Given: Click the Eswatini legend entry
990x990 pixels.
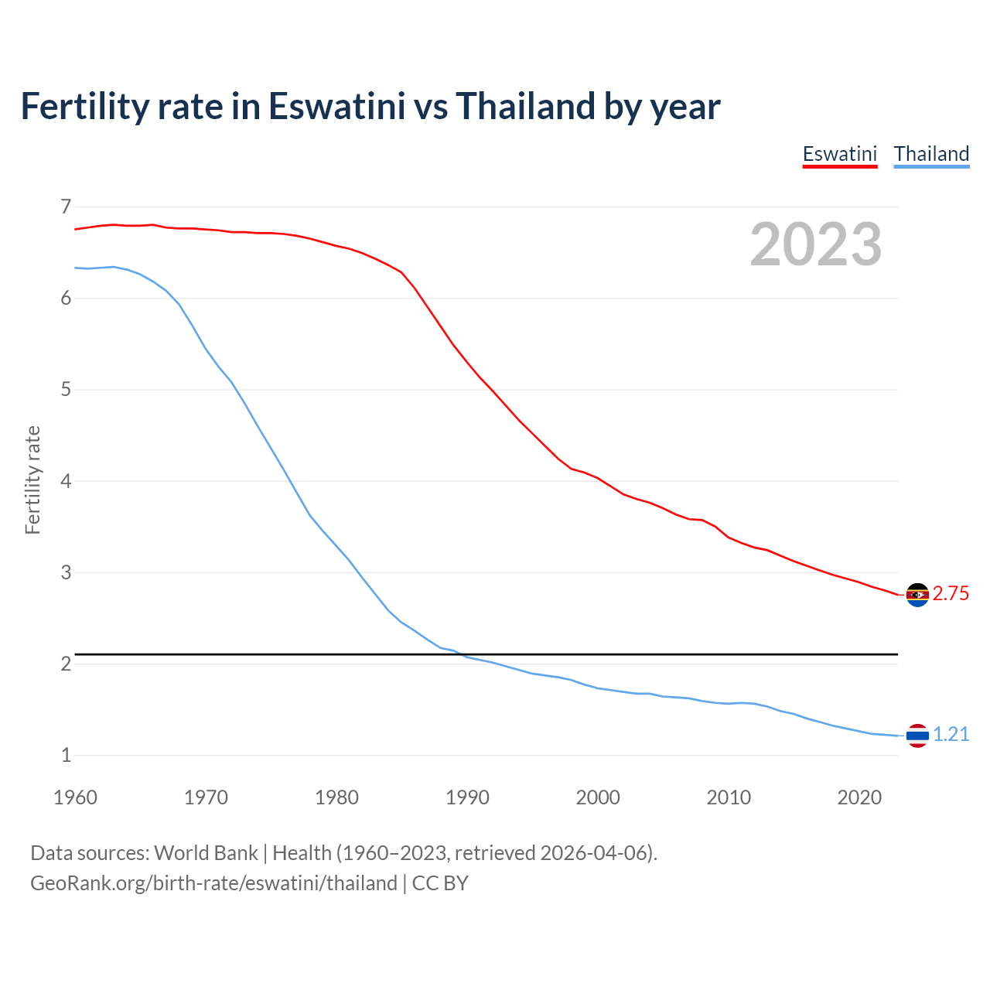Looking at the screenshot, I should tap(839, 154).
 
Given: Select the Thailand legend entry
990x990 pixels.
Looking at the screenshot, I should tap(931, 154).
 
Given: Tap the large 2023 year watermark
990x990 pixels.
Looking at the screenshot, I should tap(815, 244).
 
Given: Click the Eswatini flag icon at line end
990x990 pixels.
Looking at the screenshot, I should tap(917, 595).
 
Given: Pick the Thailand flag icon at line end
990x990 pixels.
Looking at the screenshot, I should tap(917, 736).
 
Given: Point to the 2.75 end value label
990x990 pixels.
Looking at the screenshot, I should tap(951, 593).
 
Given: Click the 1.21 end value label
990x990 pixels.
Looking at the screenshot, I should tap(951, 734).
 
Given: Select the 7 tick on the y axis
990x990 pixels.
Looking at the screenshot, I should tap(66, 207).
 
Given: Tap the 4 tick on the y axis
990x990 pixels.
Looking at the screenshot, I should tap(66, 481).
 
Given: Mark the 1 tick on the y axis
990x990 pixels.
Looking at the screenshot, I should tap(66, 755).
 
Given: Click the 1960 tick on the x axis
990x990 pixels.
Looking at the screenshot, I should tap(75, 797).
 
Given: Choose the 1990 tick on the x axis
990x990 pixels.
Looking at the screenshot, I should tap(467, 797).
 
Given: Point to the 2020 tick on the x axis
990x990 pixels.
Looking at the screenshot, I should tap(859, 797).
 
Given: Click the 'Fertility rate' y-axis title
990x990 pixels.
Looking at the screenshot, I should tap(32, 480).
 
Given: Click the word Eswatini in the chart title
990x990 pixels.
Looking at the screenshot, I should tap(336, 106).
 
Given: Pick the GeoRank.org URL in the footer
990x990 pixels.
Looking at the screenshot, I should tap(213, 883).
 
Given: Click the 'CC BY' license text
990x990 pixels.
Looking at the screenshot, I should tap(440, 883).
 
